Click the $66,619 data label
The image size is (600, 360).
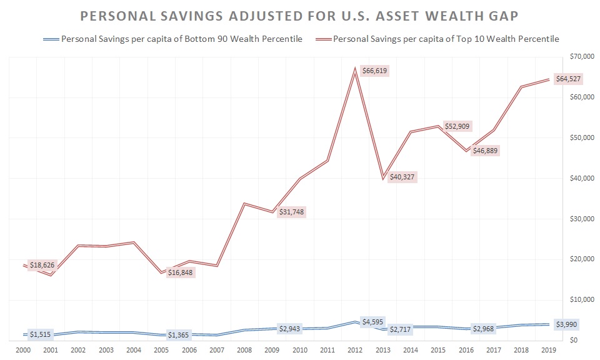pyautogui.click(x=374, y=71)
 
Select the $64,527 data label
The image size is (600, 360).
pyautogui.click(x=570, y=78)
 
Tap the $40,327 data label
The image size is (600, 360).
pyautogui.click(x=401, y=177)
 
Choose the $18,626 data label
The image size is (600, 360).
pyautogui.click(x=42, y=265)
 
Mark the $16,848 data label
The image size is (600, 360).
pyautogui.click(x=181, y=272)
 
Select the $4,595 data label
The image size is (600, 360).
pyautogui.click(x=374, y=321)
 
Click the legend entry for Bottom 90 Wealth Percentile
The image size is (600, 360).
pyautogui.click(x=181, y=39)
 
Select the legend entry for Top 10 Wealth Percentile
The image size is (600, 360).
pyautogui.click(x=446, y=39)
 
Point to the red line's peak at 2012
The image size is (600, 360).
pyautogui.click(x=355, y=69)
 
